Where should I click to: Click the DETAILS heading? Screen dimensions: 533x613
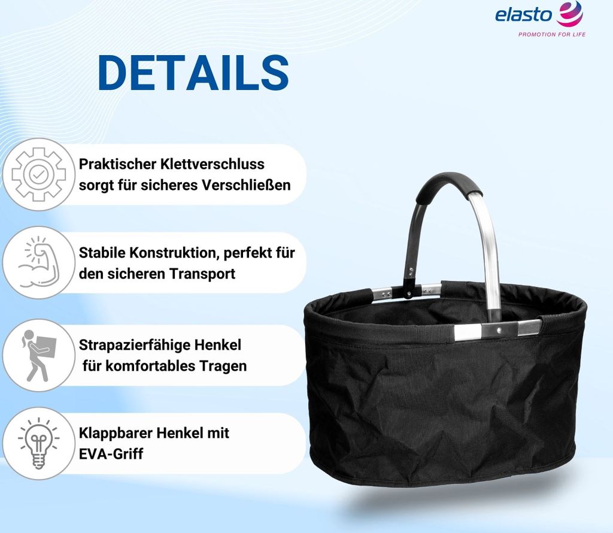tap(193, 74)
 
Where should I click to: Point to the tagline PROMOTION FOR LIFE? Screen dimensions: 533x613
tap(551, 34)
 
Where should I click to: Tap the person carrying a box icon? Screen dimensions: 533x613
tap(38, 355)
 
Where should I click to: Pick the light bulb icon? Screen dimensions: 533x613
tap(38, 443)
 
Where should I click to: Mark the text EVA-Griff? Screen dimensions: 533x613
tap(111, 453)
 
